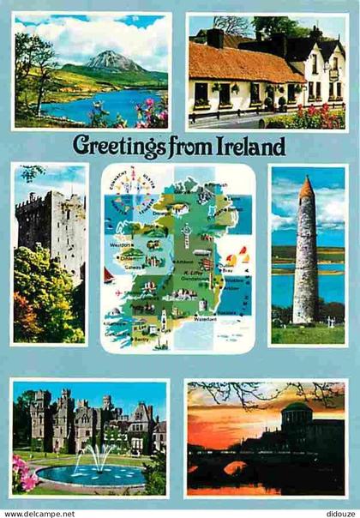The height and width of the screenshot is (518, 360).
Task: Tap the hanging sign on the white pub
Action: click(333, 74)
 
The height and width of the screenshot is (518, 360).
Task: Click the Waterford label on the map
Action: click(203, 318)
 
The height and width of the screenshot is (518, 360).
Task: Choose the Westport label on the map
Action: click(123, 243)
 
